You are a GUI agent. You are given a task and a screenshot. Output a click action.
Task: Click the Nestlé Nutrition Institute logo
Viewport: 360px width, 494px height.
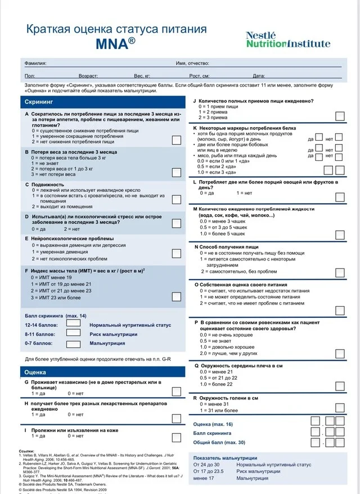(287, 39)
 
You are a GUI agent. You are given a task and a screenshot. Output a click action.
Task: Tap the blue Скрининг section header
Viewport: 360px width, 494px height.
(104, 102)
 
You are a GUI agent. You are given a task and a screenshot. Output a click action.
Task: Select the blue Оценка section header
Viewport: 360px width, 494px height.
(104, 372)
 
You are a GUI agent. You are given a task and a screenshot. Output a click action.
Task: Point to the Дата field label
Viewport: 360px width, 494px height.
(259, 75)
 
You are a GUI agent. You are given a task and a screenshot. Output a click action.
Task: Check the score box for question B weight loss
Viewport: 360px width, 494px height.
(177, 172)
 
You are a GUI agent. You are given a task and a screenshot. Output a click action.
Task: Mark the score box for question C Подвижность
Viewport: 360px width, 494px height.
(177, 199)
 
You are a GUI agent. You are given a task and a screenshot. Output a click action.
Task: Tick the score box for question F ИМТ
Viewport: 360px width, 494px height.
(177, 297)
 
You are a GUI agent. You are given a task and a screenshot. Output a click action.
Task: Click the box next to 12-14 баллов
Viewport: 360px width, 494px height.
(74, 323)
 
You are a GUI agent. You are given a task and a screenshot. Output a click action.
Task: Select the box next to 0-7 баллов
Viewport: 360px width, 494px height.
(74, 342)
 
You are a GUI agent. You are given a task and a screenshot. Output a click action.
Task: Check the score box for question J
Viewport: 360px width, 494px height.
(340, 116)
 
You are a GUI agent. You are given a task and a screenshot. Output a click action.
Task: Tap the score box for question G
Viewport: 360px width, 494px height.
(177, 391)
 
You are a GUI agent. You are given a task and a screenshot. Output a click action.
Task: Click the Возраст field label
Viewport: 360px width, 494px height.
(88, 75)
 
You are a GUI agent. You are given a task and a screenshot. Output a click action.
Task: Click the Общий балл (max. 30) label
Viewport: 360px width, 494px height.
(219, 443)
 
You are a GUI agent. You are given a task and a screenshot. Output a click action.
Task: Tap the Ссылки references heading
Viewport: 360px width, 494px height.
(26, 451)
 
